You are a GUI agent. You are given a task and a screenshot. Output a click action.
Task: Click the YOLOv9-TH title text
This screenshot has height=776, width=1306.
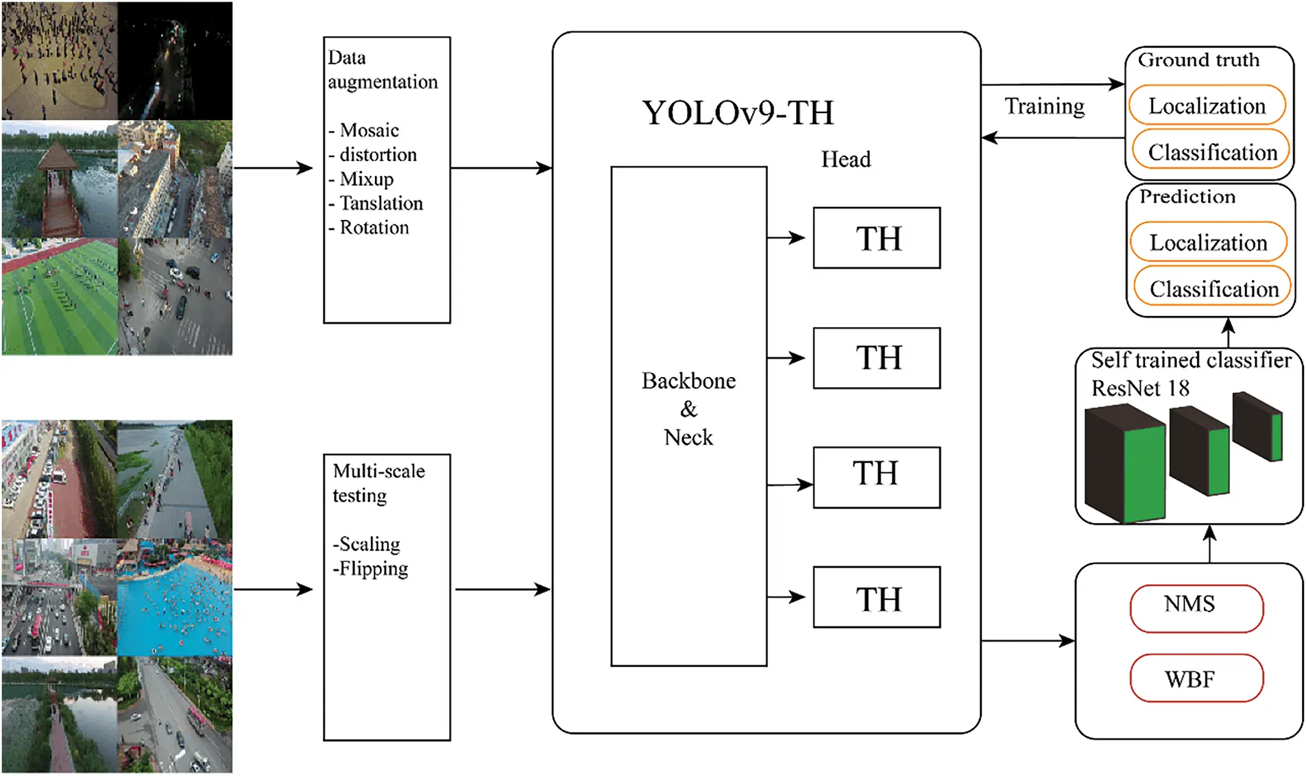(x=738, y=113)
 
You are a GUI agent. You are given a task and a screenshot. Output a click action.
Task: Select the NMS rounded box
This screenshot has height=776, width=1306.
(x=1196, y=607)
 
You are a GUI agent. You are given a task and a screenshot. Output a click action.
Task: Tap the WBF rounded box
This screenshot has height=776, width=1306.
(x=1196, y=678)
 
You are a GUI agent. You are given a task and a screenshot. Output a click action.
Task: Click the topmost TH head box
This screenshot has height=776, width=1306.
(x=876, y=238)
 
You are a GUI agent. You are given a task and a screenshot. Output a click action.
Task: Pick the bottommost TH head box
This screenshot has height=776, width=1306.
(x=876, y=597)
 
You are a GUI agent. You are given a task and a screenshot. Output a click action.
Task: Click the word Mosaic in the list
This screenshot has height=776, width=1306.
(x=369, y=130)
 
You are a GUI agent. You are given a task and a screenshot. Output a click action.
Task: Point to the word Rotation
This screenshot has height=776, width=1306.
(x=374, y=228)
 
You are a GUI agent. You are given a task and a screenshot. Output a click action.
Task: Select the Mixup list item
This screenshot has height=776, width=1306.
(x=366, y=179)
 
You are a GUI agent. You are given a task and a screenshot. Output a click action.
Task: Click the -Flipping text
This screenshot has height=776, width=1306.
(x=370, y=568)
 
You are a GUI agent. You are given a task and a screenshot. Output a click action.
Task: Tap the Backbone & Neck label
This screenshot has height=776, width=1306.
(x=688, y=409)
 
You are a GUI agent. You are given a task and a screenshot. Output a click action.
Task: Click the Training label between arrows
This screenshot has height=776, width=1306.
(x=1044, y=107)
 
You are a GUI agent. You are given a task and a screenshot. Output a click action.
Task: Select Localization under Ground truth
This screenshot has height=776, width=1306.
(x=1207, y=106)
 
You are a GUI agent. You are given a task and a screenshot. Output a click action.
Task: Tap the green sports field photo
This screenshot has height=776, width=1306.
(x=60, y=296)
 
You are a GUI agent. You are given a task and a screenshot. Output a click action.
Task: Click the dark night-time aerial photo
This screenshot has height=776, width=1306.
(x=175, y=60)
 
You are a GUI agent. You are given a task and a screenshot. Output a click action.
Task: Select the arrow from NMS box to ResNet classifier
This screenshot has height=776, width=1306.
(x=1209, y=544)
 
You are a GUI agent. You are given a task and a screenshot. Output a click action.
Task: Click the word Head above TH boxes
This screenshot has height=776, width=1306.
(x=845, y=160)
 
